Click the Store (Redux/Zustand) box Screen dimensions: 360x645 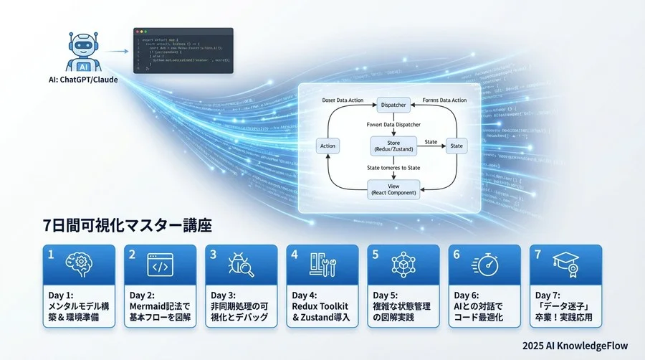pyautogui.click(x=393, y=146)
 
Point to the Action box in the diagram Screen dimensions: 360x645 pyautogui.click(x=326, y=146)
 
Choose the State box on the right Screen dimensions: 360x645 pyautogui.click(x=457, y=146)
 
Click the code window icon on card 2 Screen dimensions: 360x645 pyautogui.click(x=158, y=265)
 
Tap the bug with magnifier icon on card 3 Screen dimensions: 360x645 pyautogui.click(x=240, y=265)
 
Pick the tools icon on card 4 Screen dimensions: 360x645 pyautogui.click(x=321, y=265)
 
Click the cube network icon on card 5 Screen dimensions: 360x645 pyautogui.click(x=403, y=265)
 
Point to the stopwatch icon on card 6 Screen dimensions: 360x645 pyautogui.click(x=484, y=265)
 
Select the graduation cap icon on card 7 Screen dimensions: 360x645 pyautogui.click(x=565, y=265)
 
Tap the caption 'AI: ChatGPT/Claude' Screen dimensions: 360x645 pyautogui.click(x=80, y=80)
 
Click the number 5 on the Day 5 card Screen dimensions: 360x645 pyautogui.click(x=375, y=253)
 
